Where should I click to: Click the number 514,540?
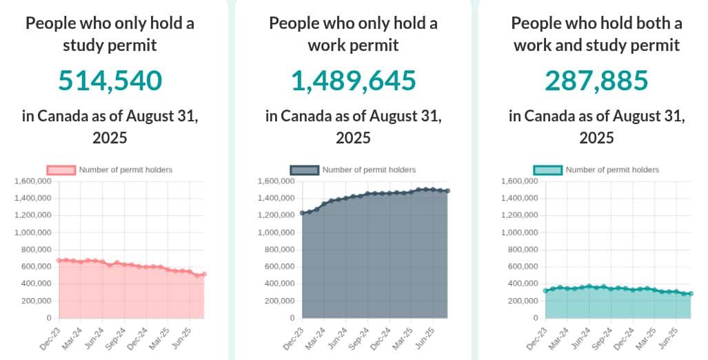click(x=110, y=81)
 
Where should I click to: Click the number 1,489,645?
click(x=354, y=81)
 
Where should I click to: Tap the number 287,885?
click(x=597, y=81)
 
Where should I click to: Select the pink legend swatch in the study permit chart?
click(x=61, y=170)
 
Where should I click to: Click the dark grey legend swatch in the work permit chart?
click(x=304, y=170)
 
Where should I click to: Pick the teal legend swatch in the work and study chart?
click(x=547, y=170)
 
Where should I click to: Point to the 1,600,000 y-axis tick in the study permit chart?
click(x=33, y=181)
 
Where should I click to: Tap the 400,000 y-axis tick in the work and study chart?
click(x=522, y=283)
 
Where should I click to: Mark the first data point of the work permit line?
click(x=302, y=213)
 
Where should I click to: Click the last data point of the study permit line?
click(x=204, y=274)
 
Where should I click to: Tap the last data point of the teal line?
click(x=691, y=294)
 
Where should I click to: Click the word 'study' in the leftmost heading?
click(x=67, y=45)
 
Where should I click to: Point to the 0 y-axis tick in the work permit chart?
click(x=290, y=318)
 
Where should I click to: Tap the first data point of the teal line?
click(x=545, y=290)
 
